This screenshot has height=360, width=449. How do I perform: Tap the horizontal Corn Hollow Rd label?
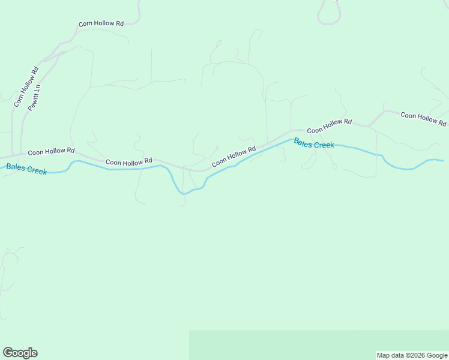pos(101,24)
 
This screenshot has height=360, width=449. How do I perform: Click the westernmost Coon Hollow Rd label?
pos(51,151)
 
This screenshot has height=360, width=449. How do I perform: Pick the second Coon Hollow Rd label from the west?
pos(129,162)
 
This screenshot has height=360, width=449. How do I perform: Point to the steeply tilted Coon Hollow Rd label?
pos(234,156)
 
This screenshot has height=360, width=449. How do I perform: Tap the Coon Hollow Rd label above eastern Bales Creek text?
pos(329,126)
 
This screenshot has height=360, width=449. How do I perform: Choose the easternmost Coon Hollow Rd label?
pos(423,119)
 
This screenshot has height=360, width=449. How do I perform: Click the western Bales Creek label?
pos(26,169)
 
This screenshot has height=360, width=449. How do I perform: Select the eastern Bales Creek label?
pos(314,144)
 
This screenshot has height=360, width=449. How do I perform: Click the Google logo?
pos(20,353)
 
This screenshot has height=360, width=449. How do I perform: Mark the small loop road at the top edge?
pos(329,12)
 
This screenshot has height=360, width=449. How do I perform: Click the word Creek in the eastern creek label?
pos(324,145)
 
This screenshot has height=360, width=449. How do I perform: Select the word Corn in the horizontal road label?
pos(86,24)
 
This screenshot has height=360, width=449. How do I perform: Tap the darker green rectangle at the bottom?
pos(318,344)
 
